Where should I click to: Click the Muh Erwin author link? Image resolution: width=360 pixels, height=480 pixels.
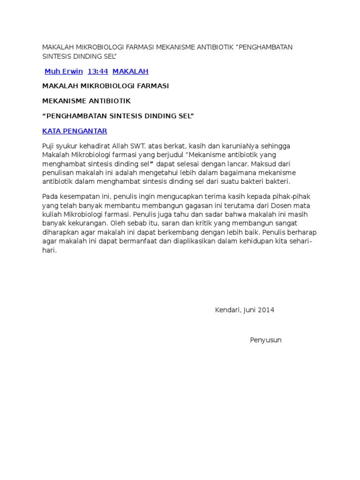click(63, 71)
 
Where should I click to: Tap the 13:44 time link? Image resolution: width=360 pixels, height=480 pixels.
click(98, 71)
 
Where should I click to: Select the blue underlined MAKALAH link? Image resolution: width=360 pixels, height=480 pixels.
click(130, 71)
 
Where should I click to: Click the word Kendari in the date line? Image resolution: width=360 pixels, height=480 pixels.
click(227, 310)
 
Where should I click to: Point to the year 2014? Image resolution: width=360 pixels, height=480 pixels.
click(266, 310)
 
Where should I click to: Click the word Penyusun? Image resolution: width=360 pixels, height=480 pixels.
click(266, 340)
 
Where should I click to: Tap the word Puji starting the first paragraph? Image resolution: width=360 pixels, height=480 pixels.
click(49, 146)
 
